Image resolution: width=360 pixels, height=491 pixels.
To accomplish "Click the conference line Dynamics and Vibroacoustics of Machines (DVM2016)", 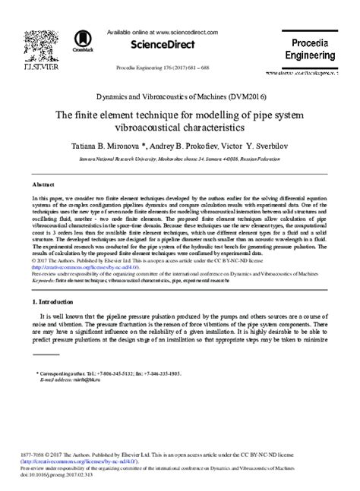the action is pos(180,98).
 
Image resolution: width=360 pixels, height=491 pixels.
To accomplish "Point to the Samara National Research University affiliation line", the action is pos(180,159).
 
